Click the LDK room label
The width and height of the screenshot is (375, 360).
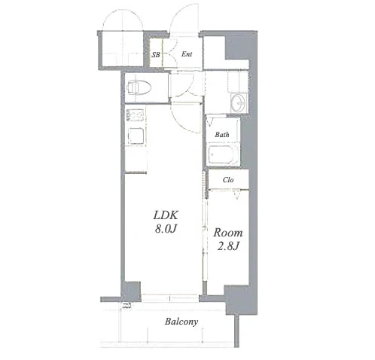(166, 215)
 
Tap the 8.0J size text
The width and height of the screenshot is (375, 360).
(166, 229)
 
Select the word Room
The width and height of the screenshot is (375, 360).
(228, 233)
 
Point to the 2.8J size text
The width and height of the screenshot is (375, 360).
(228, 246)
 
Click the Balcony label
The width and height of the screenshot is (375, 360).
(181, 322)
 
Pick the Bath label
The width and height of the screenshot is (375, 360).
(222, 135)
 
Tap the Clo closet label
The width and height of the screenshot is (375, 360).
(228, 180)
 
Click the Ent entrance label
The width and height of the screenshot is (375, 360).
(187, 54)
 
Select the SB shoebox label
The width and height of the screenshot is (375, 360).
(156, 54)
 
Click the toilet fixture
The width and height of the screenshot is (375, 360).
(139, 87)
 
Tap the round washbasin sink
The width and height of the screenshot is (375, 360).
(239, 103)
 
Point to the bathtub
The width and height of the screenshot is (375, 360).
(223, 154)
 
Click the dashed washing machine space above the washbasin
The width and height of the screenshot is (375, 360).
(237, 81)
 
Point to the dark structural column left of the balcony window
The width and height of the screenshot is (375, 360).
(131, 291)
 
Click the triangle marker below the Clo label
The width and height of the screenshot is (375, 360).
(236, 195)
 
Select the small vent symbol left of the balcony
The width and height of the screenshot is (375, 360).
(127, 306)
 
